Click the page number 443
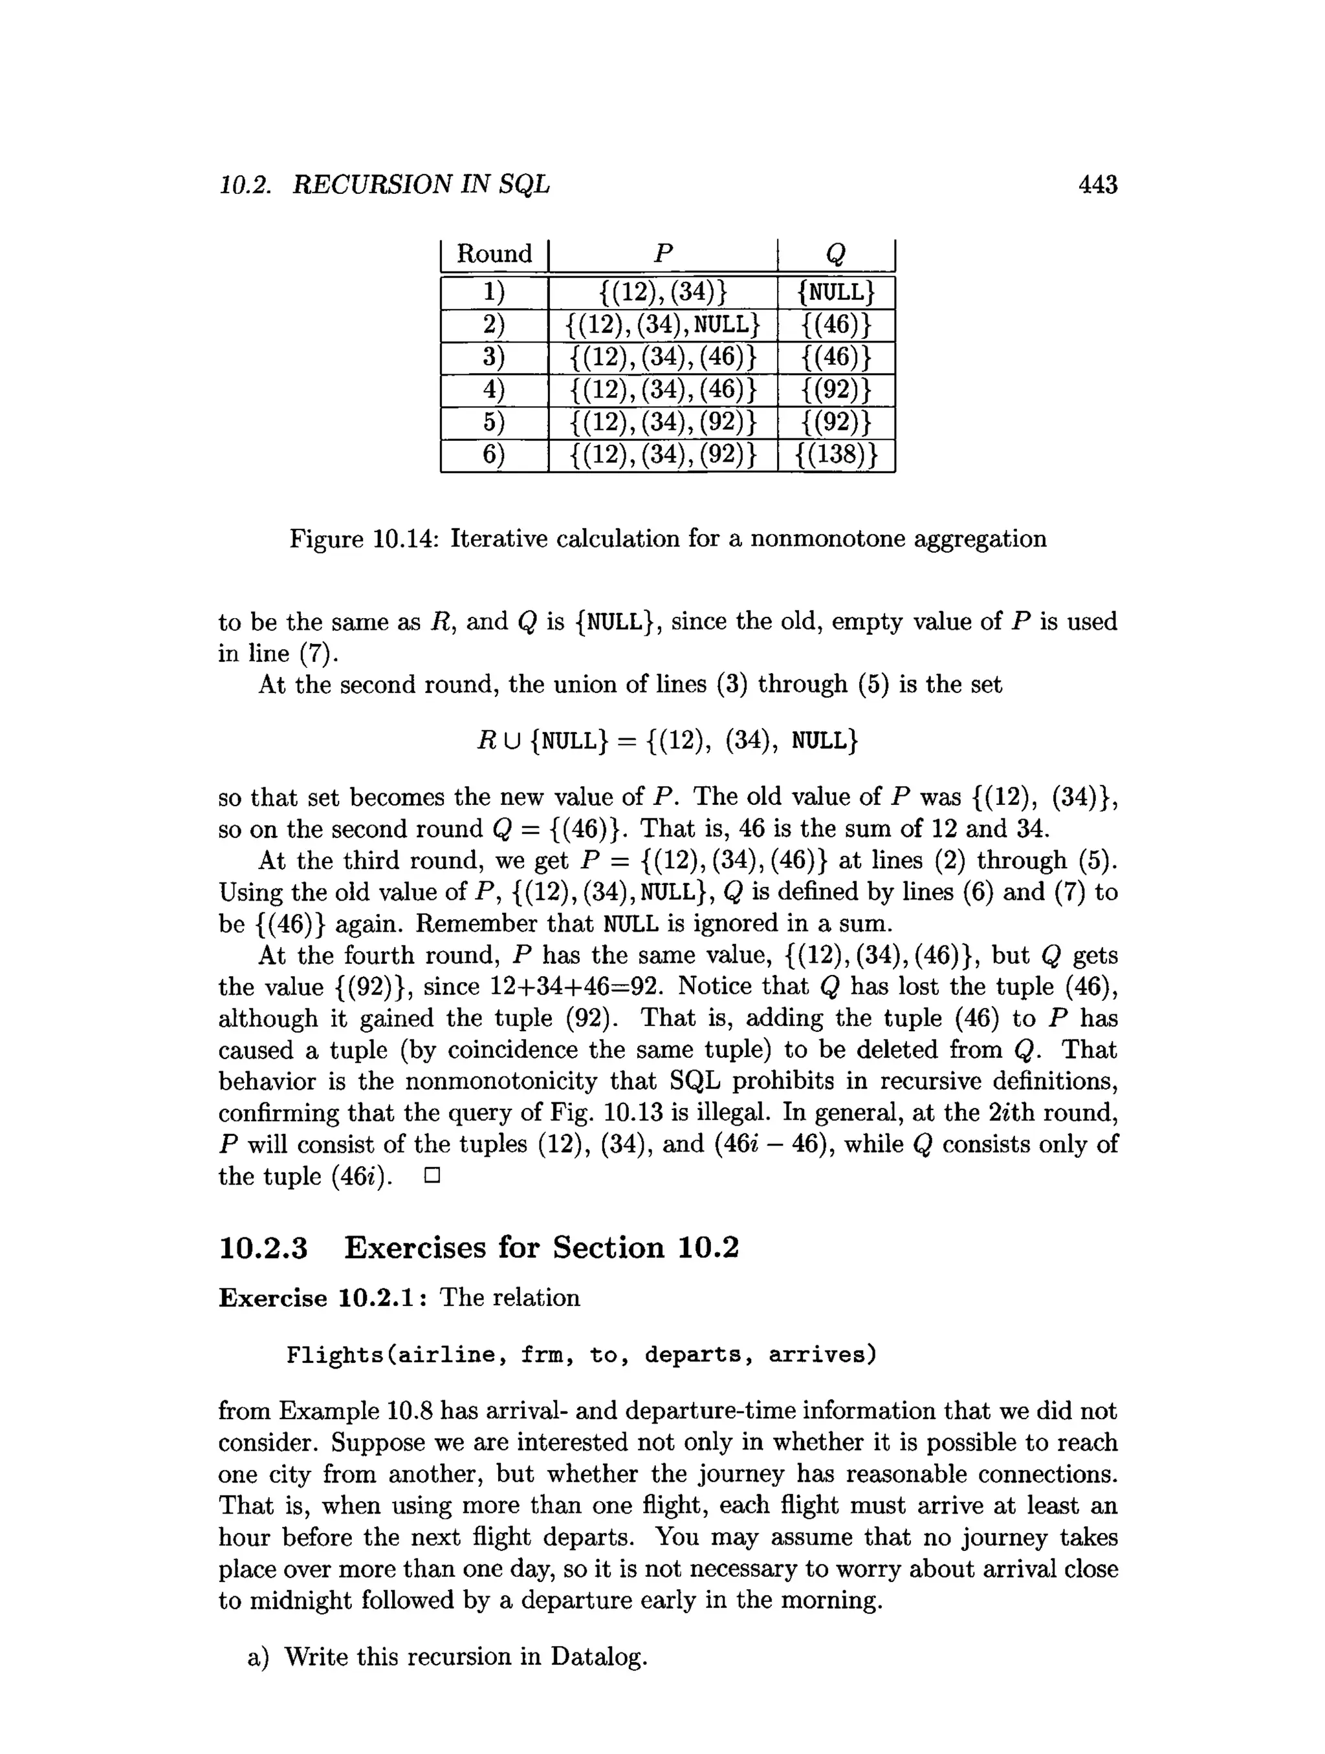pyautogui.click(x=1097, y=185)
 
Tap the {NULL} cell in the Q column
pyautogui.click(x=835, y=293)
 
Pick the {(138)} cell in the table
pyautogui.click(x=835, y=456)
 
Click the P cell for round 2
pyautogui.click(x=662, y=325)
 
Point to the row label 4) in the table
pyautogui.click(x=494, y=390)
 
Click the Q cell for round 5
pyautogui.click(x=835, y=423)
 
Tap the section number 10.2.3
pyautogui.click(x=263, y=1248)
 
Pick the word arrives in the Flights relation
pyautogui.click(x=822, y=1355)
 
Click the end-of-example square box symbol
pyautogui.click(x=432, y=1176)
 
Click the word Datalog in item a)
pyautogui.click(x=599, y=1656)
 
